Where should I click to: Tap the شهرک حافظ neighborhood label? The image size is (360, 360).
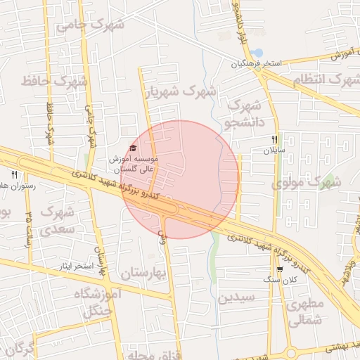tap(55, 81)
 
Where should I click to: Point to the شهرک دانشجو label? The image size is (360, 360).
tap(243, 114)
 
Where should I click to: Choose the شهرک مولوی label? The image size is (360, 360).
tap(306, 183)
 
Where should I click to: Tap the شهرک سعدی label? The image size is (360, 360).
tap(56, 220)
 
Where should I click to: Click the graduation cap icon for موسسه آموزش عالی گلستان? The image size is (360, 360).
tap(133, 148)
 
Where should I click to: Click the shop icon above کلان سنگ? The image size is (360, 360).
tap(280, 269)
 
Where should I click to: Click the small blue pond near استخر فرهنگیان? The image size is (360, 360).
tap(257, 53)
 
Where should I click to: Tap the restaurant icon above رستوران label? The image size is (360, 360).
tap(14, 174)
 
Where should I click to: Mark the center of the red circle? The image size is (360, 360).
tap(181, 179)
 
